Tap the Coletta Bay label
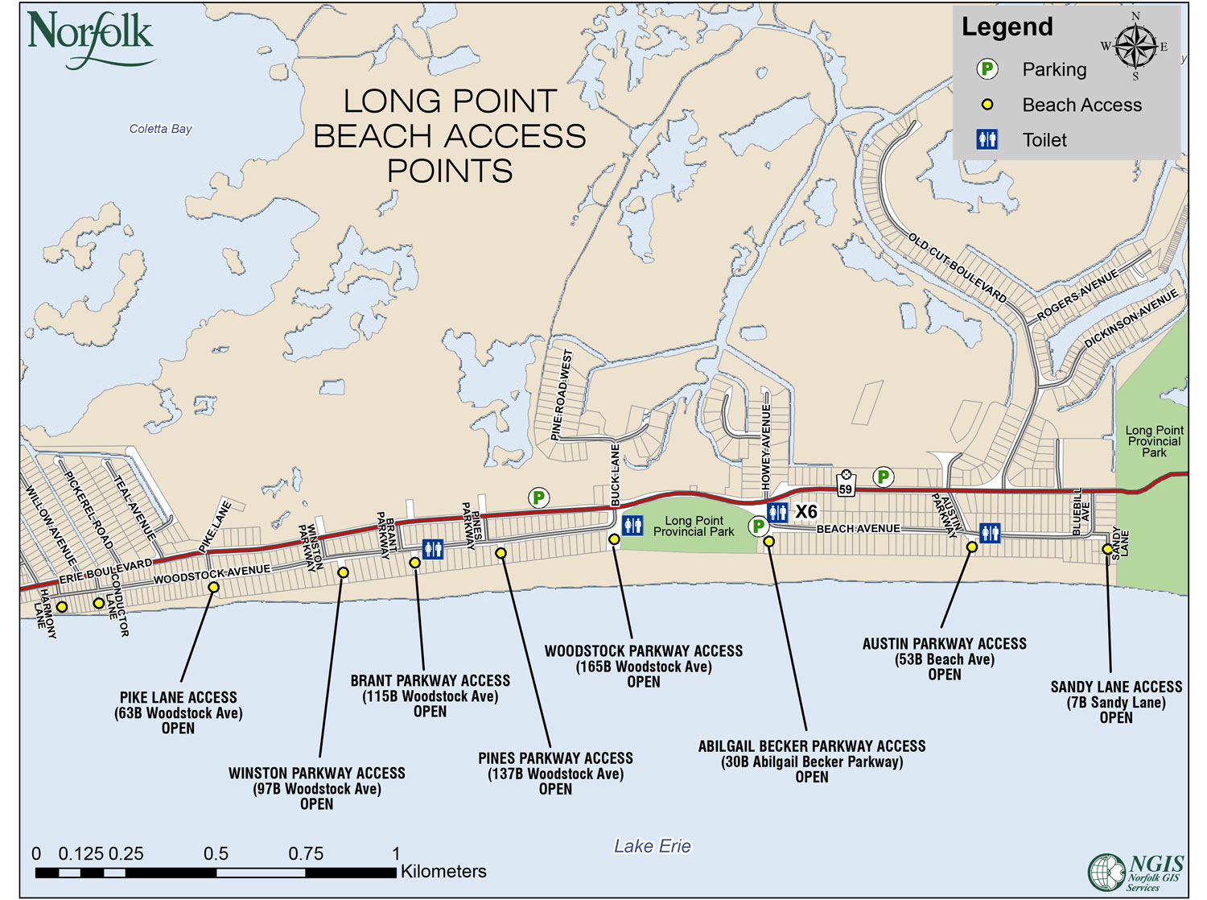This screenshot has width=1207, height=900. [x=160, y=129]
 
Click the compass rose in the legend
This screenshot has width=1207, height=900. [x=1135, y=47]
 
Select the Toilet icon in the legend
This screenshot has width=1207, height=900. [x=987, y=139]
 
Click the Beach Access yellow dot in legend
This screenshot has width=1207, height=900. [x=987, y=105]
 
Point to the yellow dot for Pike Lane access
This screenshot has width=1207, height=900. [x=213, y=587]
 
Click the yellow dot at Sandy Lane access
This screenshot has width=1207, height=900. [x=1107, y=548]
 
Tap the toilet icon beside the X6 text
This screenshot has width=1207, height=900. [x=777, y=512]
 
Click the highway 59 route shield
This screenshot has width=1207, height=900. [x=845, y=485]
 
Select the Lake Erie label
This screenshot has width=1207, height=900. [x=652, y=846]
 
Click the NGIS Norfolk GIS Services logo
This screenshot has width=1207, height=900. [x=1135, y=873]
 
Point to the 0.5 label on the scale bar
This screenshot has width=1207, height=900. [x=216, y=853]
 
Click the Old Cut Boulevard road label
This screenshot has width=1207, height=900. [x=957, y=268]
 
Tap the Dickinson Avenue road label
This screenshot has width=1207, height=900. [x=1131, y=319]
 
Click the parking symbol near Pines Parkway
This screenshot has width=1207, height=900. [x=538, y=498]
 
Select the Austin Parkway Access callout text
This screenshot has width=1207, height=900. [x=944, y=658]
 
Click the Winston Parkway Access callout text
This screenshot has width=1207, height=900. [x=316, y=788]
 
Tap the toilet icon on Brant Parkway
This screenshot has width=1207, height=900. [x=432, y=549]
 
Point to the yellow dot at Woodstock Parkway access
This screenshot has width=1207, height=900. [x=614, y=539]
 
